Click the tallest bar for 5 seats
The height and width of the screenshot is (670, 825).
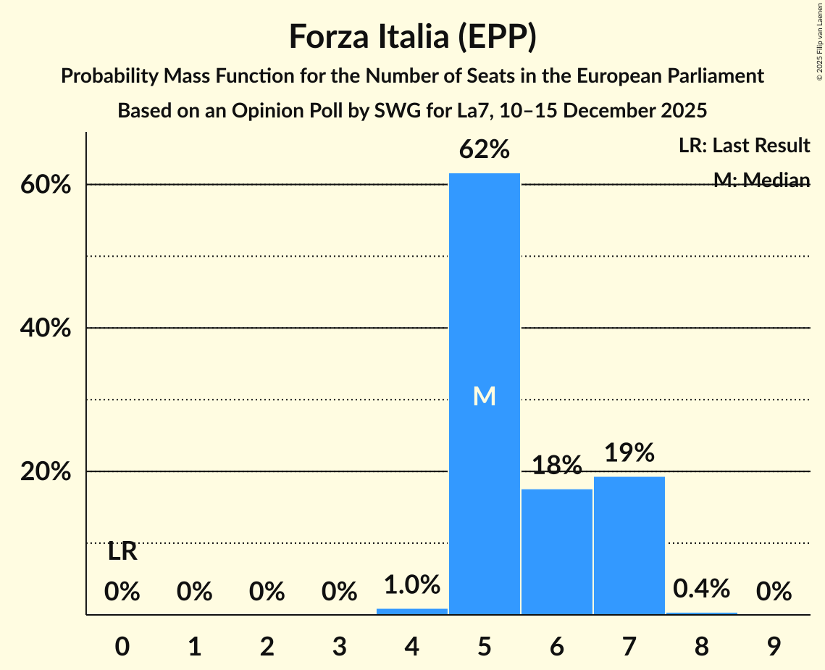pyautogui.click(x=484, y=290)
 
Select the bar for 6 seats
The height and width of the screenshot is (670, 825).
pyautogui.click(x=556, y=552)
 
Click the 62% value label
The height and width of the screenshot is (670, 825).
pyautogui.click(x=484, y=150)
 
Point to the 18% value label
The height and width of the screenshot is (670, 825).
pyautogui.click(x=556, y=466)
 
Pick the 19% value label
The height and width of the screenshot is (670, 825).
pyautogui.click(x=629, y=453)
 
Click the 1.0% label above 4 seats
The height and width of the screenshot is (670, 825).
pyautogui.click(x=411, y=584)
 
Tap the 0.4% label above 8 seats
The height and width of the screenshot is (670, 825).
pyautogui.click(x=701, y=589)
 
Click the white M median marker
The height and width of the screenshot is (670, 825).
pyautogui.click(x=484, y=396)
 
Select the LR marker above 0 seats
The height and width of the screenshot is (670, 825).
pyautogui.click(x=122, y=552)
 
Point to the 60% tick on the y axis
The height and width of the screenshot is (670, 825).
pyautogui.click(x=46, y=185)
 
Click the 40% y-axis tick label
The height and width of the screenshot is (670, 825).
pyautogui.click(x=46, y=328)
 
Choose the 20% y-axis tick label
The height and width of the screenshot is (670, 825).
pyautogui.click(x=46, y=472)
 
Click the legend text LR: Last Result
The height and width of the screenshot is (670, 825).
pyautogui.click(x=744, y=146)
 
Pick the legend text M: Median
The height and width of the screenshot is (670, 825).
pyautogui.click(x=761, y=180)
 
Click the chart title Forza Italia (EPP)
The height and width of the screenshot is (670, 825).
pyautogui.click(x=412, y=36)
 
